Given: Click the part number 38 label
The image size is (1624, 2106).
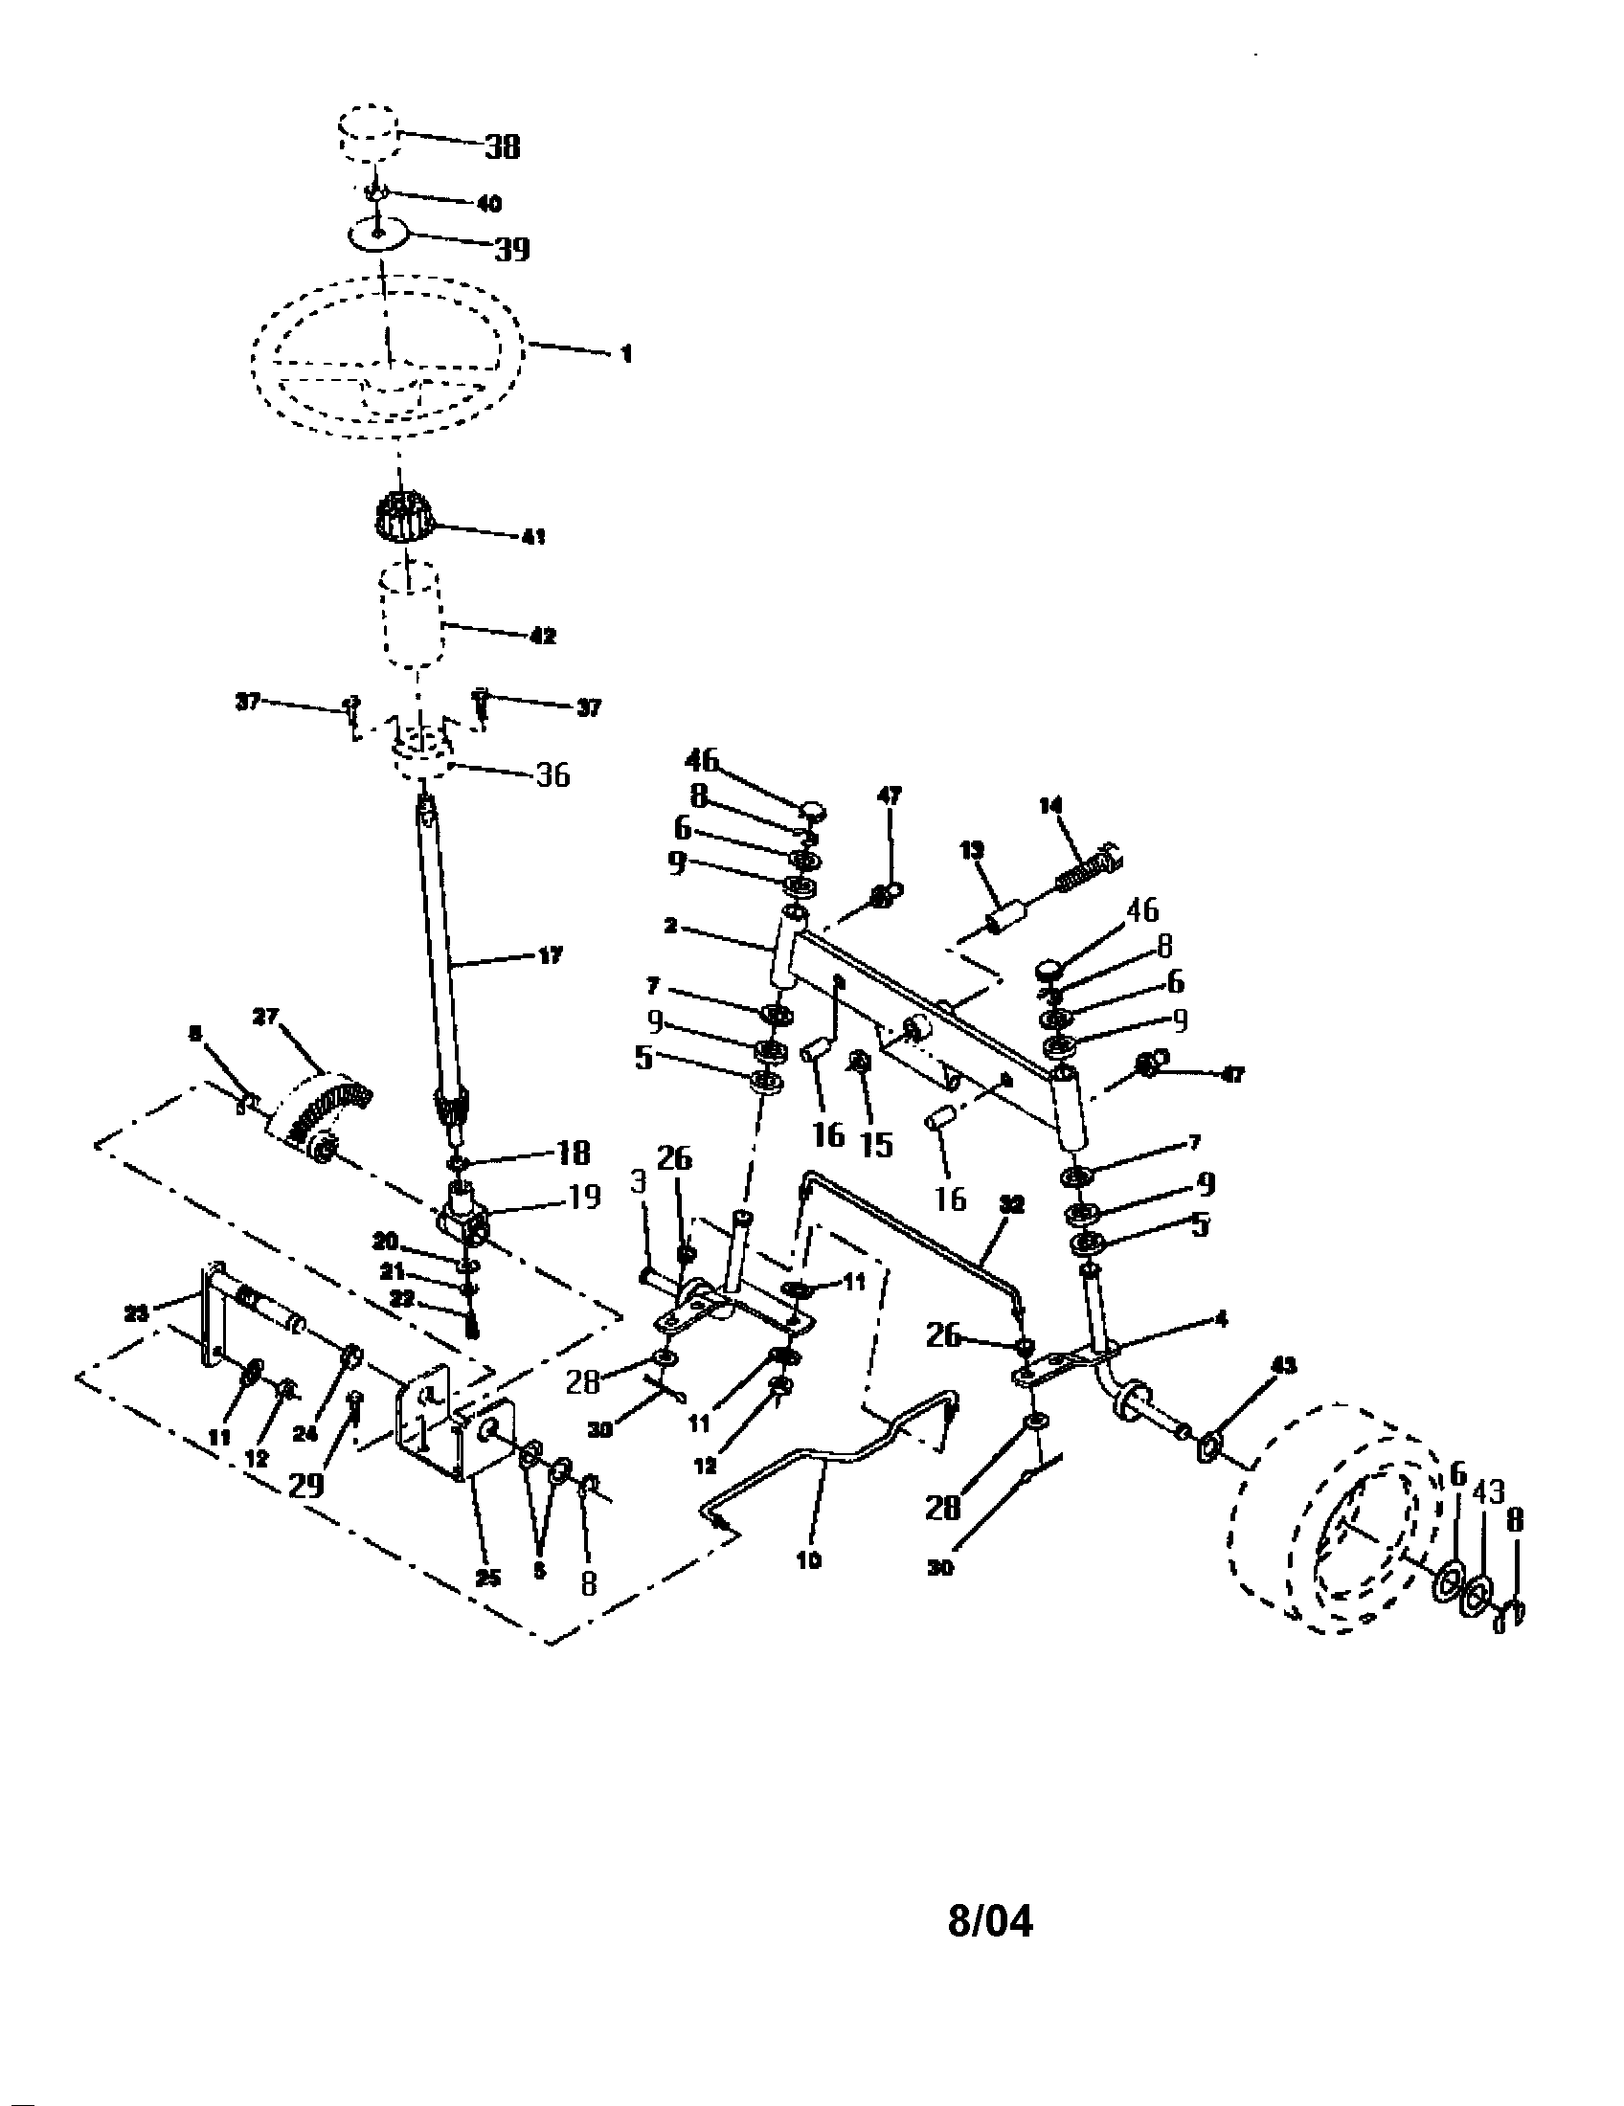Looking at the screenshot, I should coord(502,146).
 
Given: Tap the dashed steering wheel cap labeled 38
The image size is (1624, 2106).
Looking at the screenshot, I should coord(368,129).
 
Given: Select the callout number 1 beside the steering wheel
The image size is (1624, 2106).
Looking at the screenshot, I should coord(626,354).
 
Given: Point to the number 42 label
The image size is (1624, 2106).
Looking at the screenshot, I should coord(543,637).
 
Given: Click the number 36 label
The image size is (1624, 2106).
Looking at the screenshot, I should coord(552,774).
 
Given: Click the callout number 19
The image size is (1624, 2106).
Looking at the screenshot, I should coord(584,1197).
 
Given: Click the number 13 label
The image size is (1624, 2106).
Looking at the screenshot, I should coord(972,850).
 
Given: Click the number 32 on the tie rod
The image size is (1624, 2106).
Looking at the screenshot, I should coord(1010,1204).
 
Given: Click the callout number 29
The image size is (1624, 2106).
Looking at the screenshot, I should coord(306,1484).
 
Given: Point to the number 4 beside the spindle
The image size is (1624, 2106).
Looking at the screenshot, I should coord(1222,1318).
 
